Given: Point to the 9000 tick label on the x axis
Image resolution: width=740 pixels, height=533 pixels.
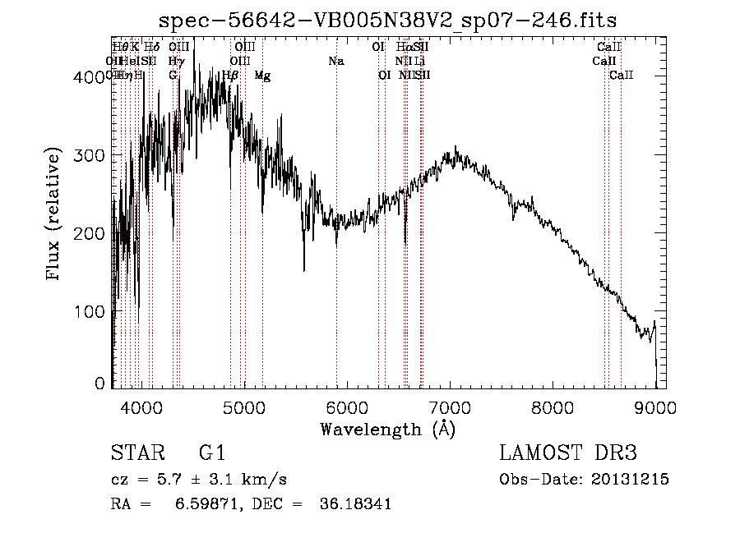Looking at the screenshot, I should [655, 408].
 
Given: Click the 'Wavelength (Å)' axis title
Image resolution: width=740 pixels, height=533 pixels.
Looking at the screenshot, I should [387, 429].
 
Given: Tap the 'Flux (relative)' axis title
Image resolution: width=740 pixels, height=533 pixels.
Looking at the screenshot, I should [55, 215].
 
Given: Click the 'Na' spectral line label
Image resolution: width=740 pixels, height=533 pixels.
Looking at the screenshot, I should [335, 62].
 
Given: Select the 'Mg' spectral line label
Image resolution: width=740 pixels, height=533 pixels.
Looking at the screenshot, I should [262, 76].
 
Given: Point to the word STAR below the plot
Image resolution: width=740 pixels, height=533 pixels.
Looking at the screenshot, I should [136, 453].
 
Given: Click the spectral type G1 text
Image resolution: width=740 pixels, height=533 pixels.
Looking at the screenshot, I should [212, 453].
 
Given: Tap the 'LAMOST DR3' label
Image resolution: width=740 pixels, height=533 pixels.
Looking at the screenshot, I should [568, 453].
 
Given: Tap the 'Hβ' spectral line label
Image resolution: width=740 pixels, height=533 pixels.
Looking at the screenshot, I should [231, 76].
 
